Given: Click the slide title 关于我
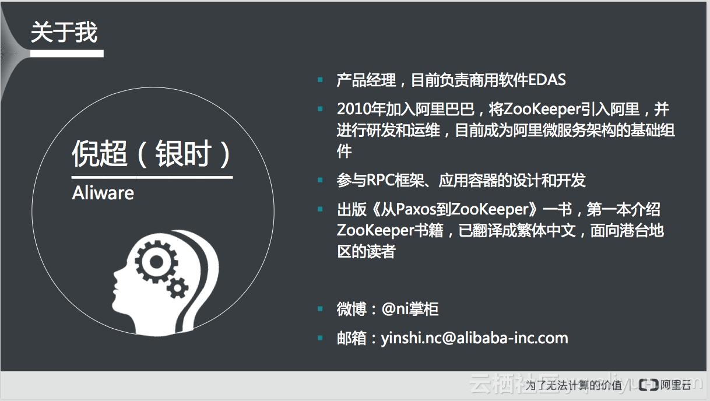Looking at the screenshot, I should point(64,33).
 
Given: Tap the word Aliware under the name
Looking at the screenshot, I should point(103,193).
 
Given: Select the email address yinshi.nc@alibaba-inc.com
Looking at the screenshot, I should point(474,338).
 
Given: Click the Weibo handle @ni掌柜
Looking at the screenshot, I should point(410,309).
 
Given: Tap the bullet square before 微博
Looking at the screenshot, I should point(320,309).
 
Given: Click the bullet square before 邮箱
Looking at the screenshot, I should point(320,338).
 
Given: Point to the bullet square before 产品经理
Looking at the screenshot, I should point(320,80).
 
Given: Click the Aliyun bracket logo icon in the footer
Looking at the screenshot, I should point(649,385).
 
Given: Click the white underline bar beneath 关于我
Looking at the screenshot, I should point(66,53).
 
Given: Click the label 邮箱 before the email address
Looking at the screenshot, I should point(352,338).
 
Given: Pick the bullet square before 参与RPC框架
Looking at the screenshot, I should point(320,181).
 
